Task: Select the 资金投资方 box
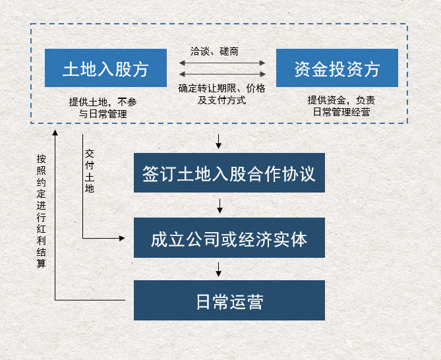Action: pos(337,68)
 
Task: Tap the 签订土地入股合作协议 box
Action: pos(229,173)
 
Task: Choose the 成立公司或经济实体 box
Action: pos(229,238)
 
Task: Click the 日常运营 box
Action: pos(229,301)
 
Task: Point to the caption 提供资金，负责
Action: pos(341,100)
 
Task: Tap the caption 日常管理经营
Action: pos(341,112)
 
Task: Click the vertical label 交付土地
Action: pos(90,170)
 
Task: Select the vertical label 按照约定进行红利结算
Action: pos(42,211)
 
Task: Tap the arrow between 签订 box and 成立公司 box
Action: pos(220,206)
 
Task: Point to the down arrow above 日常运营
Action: pos(219,270)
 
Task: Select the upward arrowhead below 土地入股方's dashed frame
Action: pos(56,132)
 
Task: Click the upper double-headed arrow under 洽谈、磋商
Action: pos(222,63)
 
